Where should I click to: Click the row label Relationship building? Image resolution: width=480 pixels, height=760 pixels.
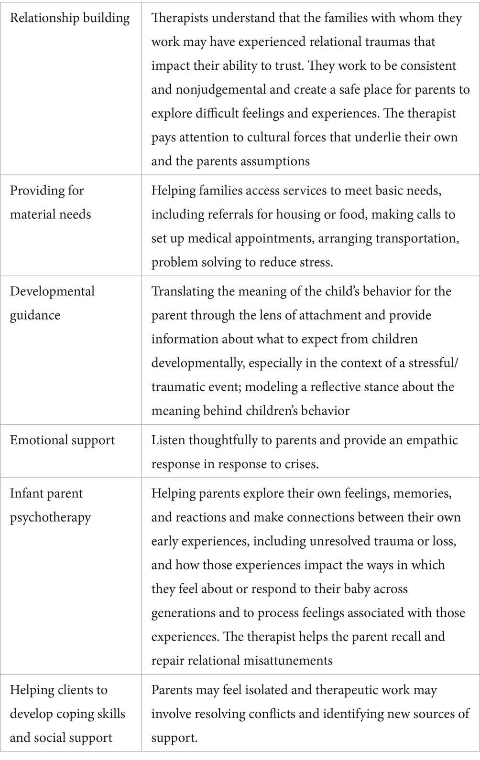[70, 18]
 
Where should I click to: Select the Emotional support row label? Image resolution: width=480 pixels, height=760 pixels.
[62, 440]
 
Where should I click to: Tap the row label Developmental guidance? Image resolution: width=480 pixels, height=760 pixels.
[52, 303]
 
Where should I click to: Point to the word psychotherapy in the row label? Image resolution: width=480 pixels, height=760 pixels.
[50, 517]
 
